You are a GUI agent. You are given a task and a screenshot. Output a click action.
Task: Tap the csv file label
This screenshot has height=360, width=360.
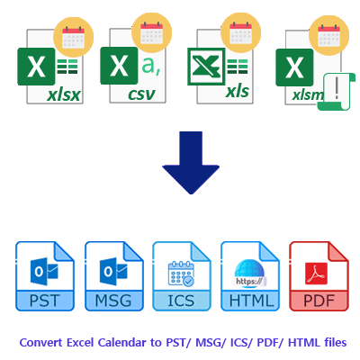(x=142, y=95)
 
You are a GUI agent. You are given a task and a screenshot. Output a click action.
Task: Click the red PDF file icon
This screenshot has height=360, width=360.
(x=317, y=274)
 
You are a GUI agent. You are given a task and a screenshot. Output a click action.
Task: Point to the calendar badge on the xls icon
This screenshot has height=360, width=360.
(x=239, y=35)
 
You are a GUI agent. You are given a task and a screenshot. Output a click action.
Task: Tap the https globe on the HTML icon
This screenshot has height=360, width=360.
(x=247, y=269)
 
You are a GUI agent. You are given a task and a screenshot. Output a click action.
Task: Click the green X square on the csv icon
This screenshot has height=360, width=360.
(x=119, y=68)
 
